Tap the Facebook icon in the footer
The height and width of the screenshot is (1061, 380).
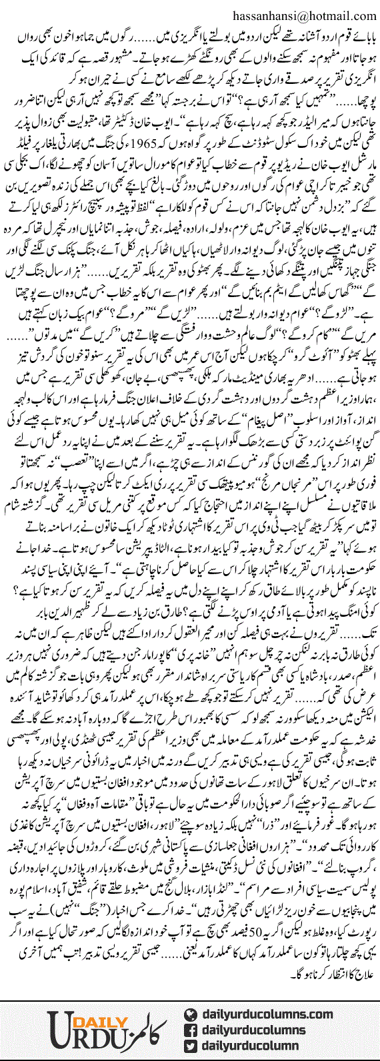(192, 1012)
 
